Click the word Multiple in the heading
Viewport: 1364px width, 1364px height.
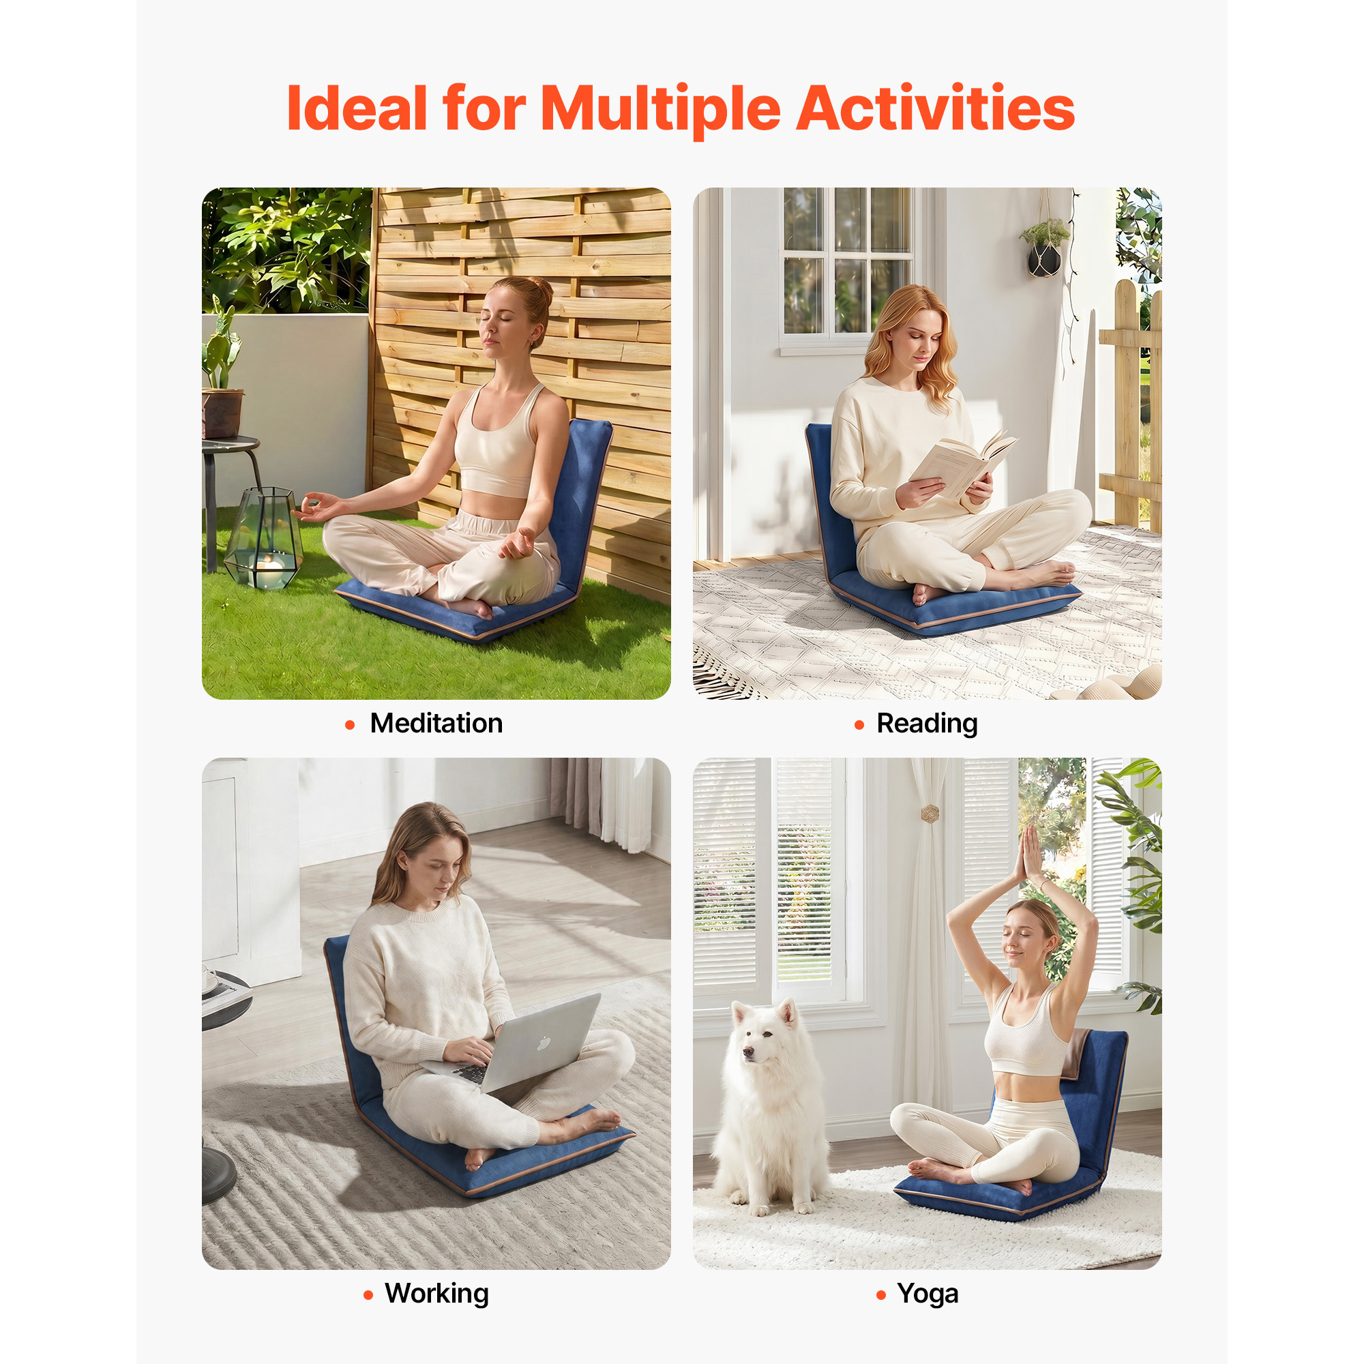click(661, 110)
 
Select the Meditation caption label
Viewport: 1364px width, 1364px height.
click(436, 723)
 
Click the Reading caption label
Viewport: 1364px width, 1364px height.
click(927, 724)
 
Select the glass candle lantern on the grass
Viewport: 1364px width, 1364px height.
click(263, 538)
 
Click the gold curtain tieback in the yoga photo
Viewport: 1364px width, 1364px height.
click(930, 814)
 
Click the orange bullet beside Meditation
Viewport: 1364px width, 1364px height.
click(349, 725)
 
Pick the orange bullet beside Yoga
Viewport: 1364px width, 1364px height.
click(880, 1295)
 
